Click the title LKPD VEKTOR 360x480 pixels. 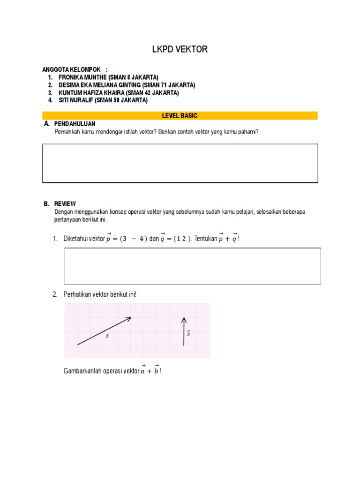(180, 49)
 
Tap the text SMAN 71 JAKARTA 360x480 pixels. (171, 85)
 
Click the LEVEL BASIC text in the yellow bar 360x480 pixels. (180, 115)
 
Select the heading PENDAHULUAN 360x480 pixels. (75, 123)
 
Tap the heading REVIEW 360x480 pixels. (65, 204)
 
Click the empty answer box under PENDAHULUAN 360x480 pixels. (180, 163)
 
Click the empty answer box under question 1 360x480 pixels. (192, 266)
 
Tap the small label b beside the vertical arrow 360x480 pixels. (188, 333)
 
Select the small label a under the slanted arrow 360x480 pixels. (107, 337)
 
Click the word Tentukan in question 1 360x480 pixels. (204, 239)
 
